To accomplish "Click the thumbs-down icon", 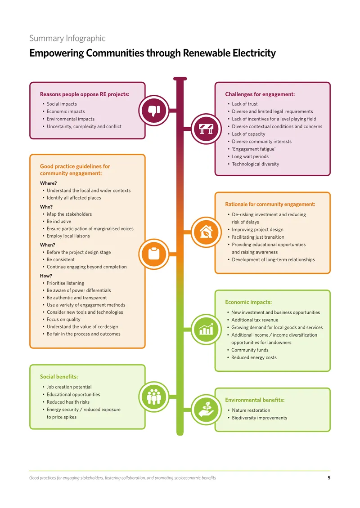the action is [x=154, y=111].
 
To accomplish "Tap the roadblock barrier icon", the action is [x=206, y=129].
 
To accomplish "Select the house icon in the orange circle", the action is [x=206, y=232].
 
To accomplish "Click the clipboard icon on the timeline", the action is [x=154, y=254].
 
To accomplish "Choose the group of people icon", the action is [x=154, y=397].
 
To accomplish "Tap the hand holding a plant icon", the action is [x=206, y=410].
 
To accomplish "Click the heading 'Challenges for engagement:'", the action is [x=260, y=94].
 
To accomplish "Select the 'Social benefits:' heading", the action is [x=59, y=377].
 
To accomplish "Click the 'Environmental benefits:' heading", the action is [x=255, y=400].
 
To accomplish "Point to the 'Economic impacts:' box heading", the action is [x=248, y=302].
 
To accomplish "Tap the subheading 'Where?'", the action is [x=48, y=183].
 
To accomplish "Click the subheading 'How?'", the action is [x=46, y=276].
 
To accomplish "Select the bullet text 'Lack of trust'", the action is [x=244, y=104].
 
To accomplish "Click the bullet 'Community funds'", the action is [x=250, y=350].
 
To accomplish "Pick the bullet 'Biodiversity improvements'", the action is [x=260, y=418].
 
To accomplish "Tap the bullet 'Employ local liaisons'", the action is [x=68, y=236].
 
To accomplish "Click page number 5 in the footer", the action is [x=329, y=477].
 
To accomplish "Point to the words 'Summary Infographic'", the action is [x=67, y=38].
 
